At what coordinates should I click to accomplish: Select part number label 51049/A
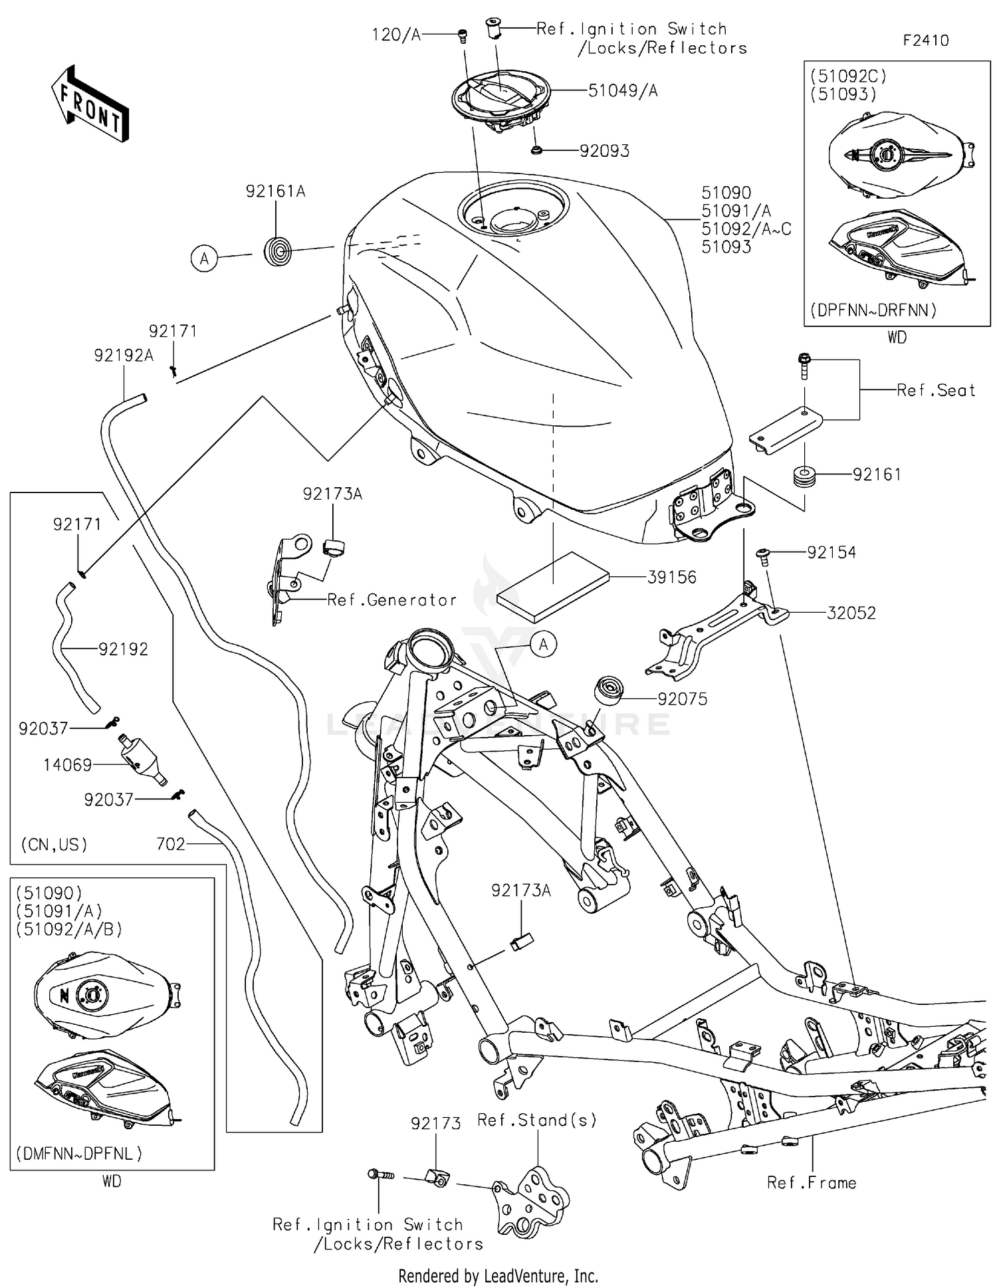point(622,91)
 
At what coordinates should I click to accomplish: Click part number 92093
point(604,151)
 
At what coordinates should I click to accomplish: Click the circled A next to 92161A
point(204,258)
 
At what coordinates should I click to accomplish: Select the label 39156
point(671,577)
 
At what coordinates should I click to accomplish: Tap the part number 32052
point(851,613)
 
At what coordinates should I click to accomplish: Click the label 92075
point(682,698)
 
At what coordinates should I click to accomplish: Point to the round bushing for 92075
point(608,691)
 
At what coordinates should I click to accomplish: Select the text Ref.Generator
point(391,600)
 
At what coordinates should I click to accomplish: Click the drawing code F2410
point(925,41)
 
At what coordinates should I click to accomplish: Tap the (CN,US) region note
point(55,845)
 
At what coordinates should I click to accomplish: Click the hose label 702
point(170,844)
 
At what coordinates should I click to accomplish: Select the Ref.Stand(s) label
point(537,1120)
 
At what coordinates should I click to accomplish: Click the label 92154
point(831,552)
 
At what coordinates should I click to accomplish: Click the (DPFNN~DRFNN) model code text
point(873,310)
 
